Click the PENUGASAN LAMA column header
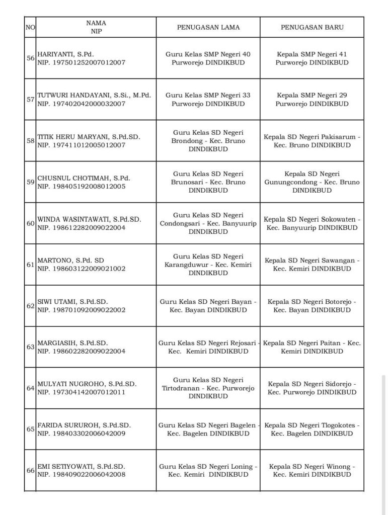pos(208,27)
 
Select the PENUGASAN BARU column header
pos(312,27)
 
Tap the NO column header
pos(30,27)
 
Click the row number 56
pos(30,58)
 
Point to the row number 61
pos(30,265)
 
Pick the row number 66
pos(30,470)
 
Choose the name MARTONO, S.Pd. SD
pos(71,260)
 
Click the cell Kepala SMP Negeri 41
pos(312,58)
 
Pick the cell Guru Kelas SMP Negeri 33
pos(208,100)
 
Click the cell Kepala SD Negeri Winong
pos(312,470)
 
